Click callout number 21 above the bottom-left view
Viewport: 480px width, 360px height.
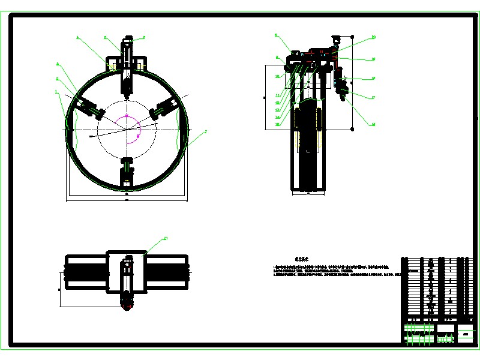(166, 239)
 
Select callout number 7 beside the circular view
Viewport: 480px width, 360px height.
(206, 131)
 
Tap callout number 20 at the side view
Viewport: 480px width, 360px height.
(373, 37)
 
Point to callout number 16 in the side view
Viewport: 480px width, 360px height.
(373, 124)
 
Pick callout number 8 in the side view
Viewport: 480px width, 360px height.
(276, 35)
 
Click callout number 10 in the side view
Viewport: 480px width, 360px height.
(278, 76)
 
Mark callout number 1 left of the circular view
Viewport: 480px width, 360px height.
(56, 92)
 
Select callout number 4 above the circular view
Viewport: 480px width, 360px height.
(77, 37)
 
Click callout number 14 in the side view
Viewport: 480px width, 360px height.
(278, 117)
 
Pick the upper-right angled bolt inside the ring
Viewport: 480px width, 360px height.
(162, 108)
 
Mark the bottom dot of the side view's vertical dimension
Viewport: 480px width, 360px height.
(352, 128)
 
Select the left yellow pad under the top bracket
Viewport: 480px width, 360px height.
(112, 65)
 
